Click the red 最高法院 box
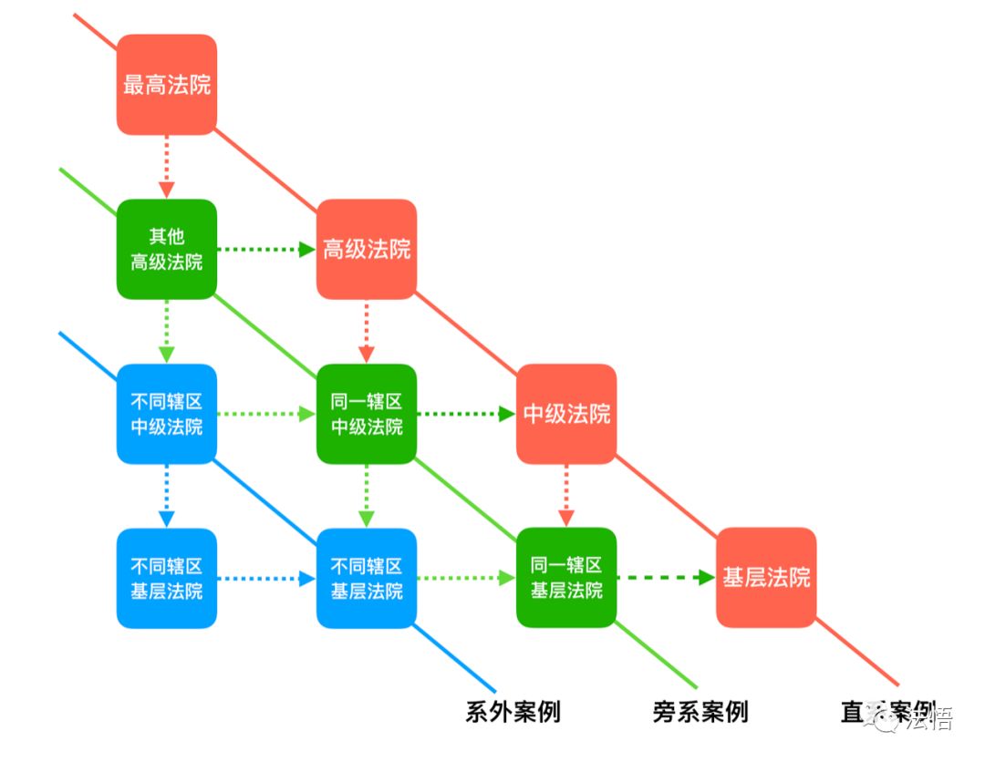pos(167,84)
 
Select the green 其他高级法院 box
pos(167,249)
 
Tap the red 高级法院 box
pos(367,249)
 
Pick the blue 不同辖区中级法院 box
pos(167,414)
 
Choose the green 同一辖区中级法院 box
pos(367,414)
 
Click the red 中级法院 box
pos(566,414)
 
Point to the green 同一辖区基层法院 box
pos(566,578)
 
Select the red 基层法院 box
pos(766,578)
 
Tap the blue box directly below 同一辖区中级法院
pos(367,578)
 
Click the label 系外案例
pos(513,712)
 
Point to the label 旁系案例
pos(700,712)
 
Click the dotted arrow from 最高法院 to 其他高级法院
pos(167,166)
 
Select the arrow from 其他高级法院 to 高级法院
pos(266,249)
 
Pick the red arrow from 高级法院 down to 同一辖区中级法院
pos(367,332)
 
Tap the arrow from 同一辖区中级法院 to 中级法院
pos(466,414)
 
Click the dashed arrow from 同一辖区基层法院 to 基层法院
pos(666,578)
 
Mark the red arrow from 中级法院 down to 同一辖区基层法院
pos(566,496)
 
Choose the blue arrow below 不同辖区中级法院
pos(167,496)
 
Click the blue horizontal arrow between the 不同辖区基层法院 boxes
pos(266,578)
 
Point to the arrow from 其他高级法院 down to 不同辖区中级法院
pos(167,332)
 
